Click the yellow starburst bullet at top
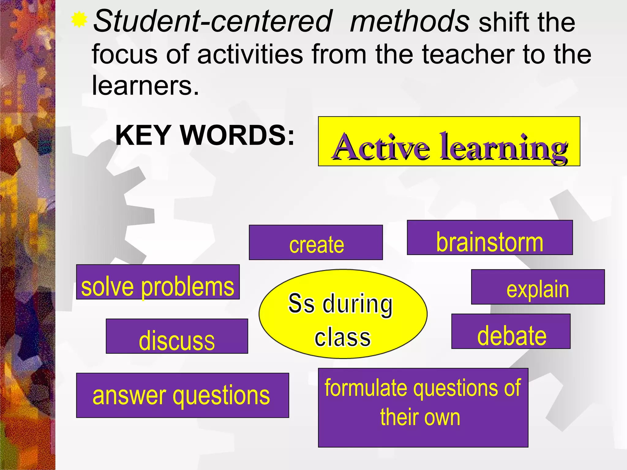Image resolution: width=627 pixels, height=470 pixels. pos(79,20)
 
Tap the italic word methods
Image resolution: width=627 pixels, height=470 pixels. pos(410,21)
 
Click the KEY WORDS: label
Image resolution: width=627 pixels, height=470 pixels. pos(205,135)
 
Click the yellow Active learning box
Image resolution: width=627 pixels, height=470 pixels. pos(449,141)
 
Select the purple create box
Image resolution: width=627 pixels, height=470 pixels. pos(316,242)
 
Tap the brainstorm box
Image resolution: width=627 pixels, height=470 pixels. pos(490,237)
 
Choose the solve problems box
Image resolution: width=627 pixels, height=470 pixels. pos(158,282)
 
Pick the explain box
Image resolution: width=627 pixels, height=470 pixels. pos(538,287)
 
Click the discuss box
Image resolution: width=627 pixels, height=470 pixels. pos(177,336)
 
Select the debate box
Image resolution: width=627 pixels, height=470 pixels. pos(511,331)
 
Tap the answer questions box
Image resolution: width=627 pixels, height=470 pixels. pos(182,395)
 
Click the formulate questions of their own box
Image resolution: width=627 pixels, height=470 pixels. pos(423,408)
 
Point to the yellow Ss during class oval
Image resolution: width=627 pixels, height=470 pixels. pos(343,314)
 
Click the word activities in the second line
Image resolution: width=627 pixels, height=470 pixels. pos(250,54)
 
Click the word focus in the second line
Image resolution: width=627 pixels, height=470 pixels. pos(125,54)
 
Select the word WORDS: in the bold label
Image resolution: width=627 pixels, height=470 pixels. pos(237,135)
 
